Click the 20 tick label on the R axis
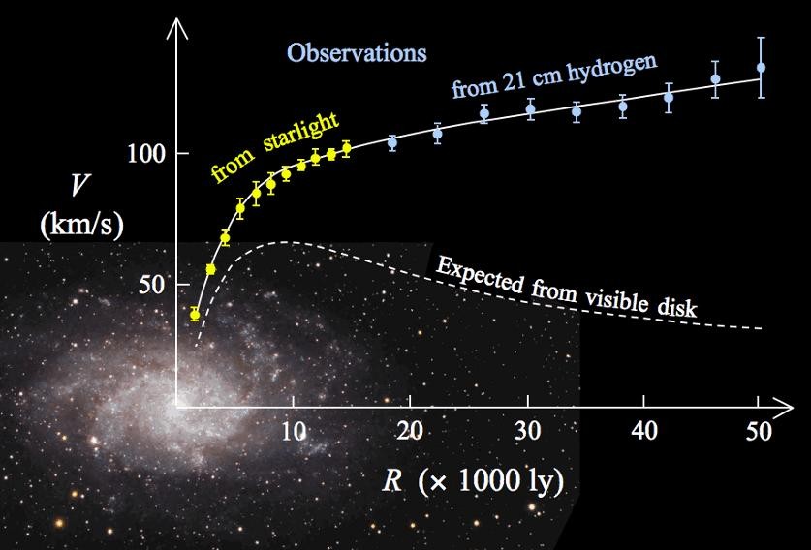(411, 432)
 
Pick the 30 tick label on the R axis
(527, 432)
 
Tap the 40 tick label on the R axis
(644, 432)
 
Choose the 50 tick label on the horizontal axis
(761, 432)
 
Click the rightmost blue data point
(761, 68)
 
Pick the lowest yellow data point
(195, 315)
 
